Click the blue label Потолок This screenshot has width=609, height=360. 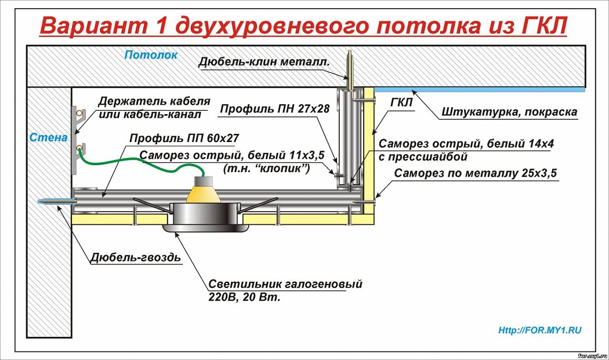(151, 54)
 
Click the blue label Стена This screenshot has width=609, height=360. (49, 137)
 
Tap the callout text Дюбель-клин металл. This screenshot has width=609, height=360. (264, 61)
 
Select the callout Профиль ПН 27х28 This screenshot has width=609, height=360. (274, 109)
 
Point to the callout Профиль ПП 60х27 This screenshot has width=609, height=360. (184, 138)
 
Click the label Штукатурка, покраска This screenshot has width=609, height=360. (509, 112)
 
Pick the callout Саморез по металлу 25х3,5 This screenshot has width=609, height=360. (476, 173)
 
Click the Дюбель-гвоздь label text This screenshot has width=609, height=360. (136, 257)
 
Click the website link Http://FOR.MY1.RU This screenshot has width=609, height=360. (540, 330)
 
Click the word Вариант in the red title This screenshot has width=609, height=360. (93, 26)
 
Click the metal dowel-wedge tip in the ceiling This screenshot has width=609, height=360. (350, 52)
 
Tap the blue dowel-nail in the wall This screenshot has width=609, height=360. (58, 202)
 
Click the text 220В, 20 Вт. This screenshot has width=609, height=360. (244, 297)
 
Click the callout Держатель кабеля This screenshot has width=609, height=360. (154, 102)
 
